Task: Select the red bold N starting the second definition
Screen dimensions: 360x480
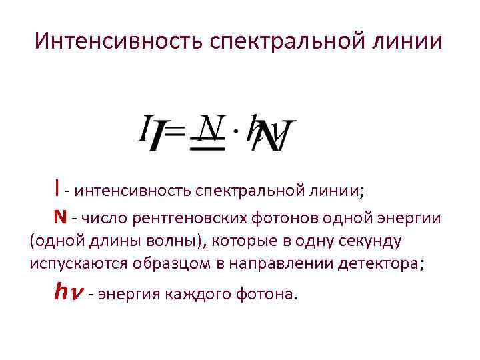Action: pos(60,217)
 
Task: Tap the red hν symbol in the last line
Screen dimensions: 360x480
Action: pos(67,291)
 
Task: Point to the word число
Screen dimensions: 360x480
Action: pos(105,218)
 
